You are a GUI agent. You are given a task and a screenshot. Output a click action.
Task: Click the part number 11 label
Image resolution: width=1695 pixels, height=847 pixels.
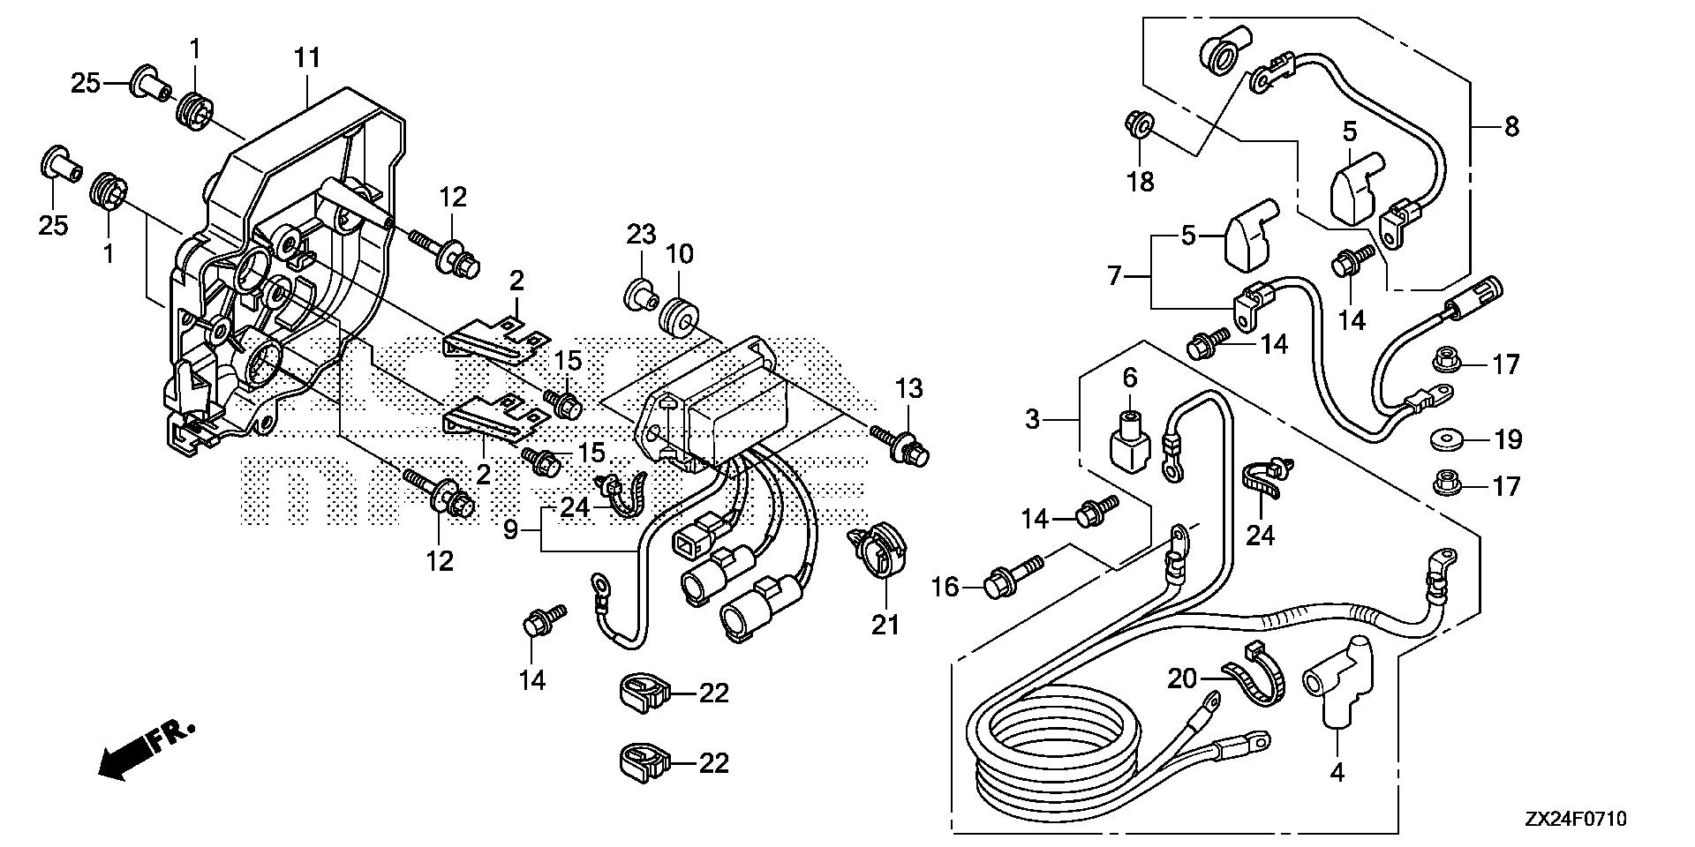pos(306,60)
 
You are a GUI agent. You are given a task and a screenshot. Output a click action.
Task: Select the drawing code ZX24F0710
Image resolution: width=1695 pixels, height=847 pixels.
pos(1574,820)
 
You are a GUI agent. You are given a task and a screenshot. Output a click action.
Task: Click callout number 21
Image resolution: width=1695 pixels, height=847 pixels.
pos(885,624)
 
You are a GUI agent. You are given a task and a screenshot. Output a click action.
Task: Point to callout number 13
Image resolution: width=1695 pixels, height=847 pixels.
pos(909,389)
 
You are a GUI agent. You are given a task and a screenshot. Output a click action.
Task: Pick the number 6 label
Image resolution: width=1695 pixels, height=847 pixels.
pos(1130,378)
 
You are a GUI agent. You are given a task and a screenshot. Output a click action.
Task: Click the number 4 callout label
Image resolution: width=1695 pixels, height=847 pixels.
pos(1337,773)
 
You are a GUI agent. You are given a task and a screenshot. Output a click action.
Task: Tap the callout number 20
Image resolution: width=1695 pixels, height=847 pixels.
pos(1182,678)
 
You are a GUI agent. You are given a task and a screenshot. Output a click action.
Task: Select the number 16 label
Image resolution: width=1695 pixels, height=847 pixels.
pos(945,586)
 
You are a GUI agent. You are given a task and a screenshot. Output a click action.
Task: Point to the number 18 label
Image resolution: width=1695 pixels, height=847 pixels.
pos(1141,182)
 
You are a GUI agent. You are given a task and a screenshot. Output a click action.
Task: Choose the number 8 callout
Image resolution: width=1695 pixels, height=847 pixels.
pos(1511,127)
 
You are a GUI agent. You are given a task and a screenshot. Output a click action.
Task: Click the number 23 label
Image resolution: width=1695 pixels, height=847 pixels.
pos(642,235)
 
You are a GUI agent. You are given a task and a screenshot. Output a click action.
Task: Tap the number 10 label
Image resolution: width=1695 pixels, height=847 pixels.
pos(679,254)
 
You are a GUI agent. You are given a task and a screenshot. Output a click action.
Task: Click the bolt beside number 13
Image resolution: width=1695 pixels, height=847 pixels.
pos(900,446)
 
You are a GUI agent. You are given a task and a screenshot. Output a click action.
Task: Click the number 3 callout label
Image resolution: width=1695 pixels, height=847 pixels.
pos(1034,419)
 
